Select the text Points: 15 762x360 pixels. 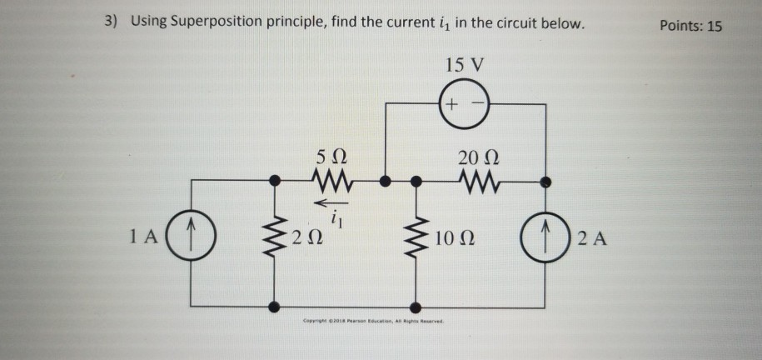point(690,25)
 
